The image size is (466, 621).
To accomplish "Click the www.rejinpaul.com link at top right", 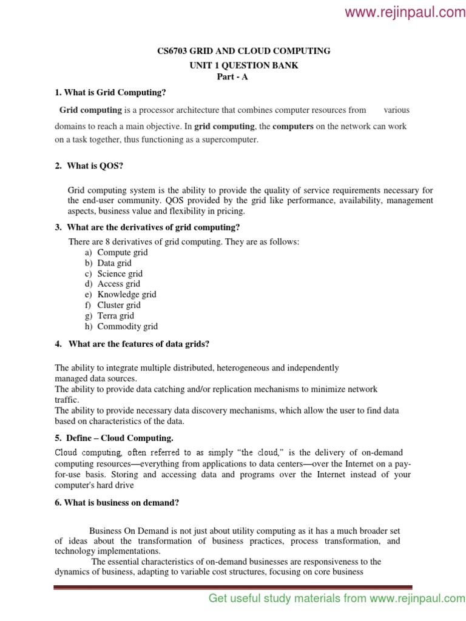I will pos(405,13).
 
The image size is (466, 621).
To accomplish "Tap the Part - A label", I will pos(233,77).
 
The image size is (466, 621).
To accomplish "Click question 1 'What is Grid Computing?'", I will pos(110,92).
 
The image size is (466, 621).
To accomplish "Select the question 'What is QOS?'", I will pos(95,166).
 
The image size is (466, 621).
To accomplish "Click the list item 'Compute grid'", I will pos(123,252).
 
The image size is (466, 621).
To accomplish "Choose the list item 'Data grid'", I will pos(114,263).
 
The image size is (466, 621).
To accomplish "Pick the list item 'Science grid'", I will pos(120,274).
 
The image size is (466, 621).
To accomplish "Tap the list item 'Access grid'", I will pos(118,284).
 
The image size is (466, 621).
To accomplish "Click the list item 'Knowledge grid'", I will pos(127,294).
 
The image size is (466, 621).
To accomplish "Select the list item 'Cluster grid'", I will pos(119,305).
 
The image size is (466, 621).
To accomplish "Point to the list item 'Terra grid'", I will pos(116,315).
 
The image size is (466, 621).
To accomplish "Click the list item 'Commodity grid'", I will pos(127,326).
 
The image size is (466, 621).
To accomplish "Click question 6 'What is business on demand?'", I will pos(116,503).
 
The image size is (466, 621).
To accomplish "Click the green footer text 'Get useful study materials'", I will pos(288,599).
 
